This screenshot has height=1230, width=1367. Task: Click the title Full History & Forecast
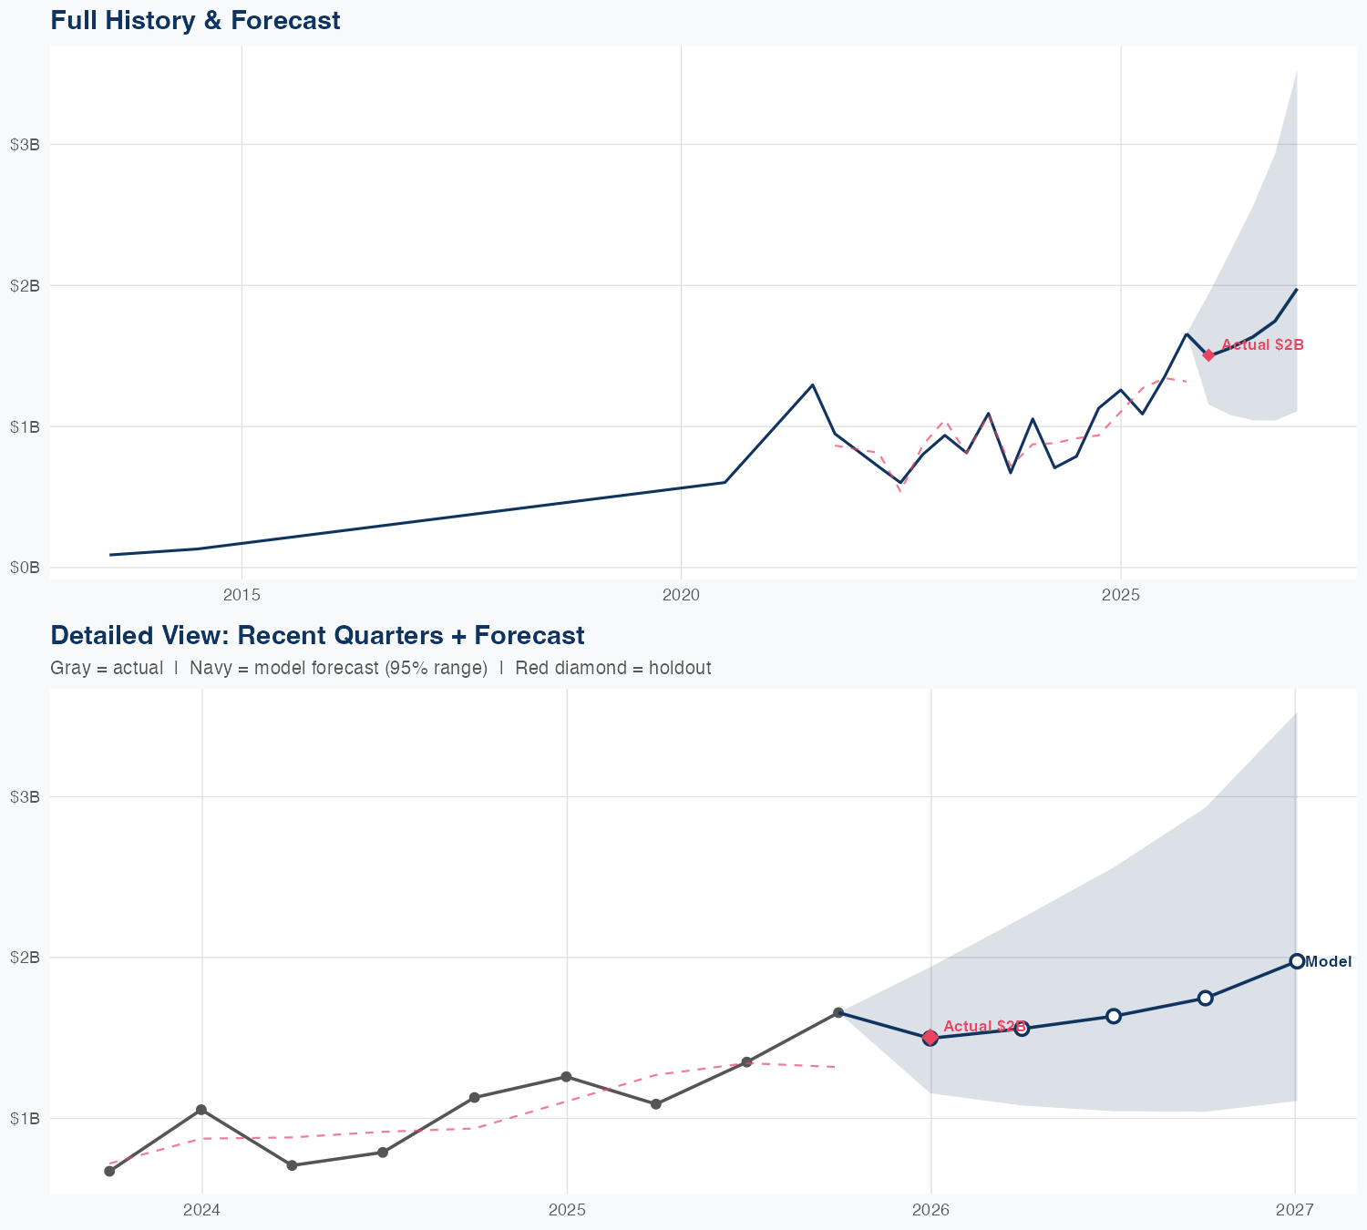195,20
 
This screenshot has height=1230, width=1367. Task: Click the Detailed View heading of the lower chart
317,635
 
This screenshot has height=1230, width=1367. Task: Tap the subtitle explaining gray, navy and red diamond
380,668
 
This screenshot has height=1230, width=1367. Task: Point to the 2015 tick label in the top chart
242,595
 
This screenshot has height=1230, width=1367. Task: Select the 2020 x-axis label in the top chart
681,595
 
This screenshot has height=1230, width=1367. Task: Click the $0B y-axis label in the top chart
25,568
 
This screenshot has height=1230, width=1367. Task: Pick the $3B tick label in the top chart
25,144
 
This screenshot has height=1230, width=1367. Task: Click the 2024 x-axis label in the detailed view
201,1210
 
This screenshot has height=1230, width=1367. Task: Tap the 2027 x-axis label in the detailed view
1295,1210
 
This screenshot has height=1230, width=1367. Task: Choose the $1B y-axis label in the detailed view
25,1118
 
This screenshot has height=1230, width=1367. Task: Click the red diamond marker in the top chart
1208,355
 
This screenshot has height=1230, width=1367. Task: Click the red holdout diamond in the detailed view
930,1037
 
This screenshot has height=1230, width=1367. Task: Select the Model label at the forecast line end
1328,961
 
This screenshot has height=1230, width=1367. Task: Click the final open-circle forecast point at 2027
1296,961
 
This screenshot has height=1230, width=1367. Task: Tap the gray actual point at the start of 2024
201,1110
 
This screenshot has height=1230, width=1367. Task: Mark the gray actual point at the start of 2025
566,1077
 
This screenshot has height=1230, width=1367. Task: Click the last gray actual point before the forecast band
838,1012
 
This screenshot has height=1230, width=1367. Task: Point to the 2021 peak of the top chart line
812,384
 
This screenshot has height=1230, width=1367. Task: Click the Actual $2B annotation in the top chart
1262,344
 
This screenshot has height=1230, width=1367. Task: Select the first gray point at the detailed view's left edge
109,1171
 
